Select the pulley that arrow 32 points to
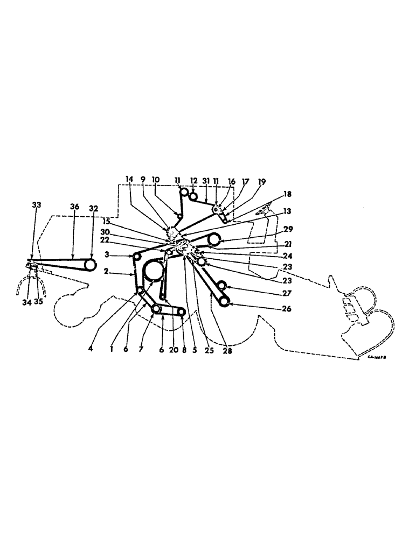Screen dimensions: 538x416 (x=90, y=265)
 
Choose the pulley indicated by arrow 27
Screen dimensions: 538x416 (x=221, y=286)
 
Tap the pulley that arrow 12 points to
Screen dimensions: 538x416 (x=193, y=196)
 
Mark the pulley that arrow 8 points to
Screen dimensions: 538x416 (x=183, y=312)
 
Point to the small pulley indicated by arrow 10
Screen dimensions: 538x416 (x=178, y=216)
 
